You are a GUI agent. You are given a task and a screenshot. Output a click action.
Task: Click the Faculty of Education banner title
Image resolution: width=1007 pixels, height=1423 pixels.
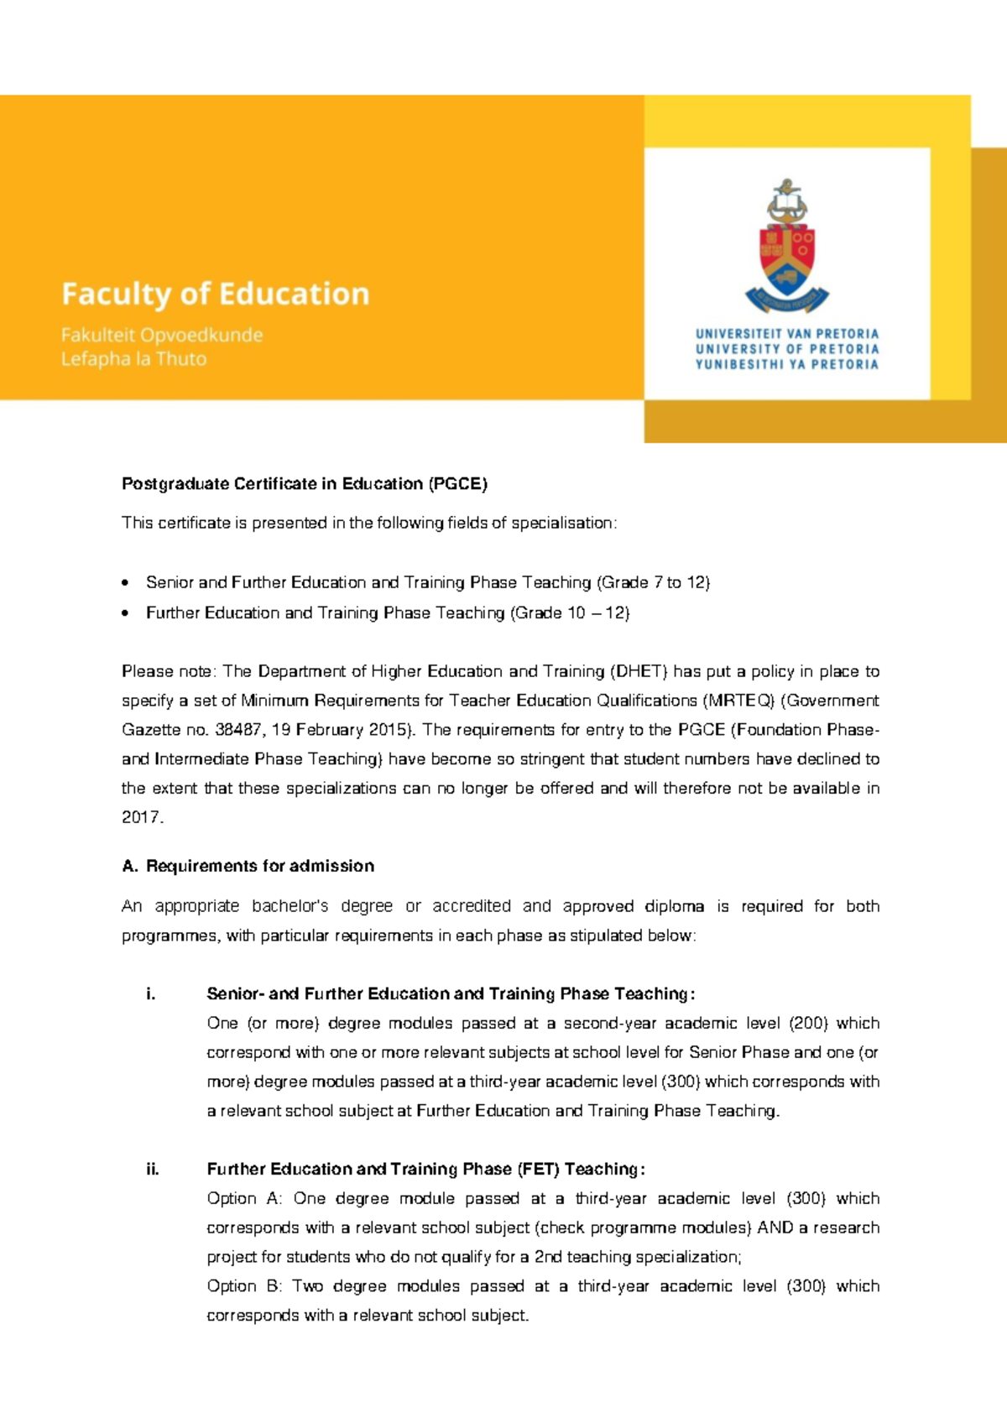pos(215,294)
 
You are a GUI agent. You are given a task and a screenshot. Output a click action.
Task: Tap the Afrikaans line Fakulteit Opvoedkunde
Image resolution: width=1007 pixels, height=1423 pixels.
pos(161,336)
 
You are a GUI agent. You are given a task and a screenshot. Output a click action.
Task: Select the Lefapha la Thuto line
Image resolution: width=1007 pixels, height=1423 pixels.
pos(133,359)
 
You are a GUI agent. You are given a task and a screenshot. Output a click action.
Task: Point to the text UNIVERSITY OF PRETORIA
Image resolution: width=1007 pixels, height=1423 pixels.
pos(786,349)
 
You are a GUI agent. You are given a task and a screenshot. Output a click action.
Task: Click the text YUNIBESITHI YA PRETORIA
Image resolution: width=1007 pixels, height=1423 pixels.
pos(786,364)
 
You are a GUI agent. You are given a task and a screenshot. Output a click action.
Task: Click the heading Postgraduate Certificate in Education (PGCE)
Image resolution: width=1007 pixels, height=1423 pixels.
pos(304,484)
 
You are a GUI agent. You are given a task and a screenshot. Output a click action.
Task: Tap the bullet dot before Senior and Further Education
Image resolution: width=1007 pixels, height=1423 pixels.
pos(126,582)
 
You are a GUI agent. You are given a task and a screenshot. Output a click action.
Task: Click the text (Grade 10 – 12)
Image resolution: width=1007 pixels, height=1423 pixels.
pos(570,613)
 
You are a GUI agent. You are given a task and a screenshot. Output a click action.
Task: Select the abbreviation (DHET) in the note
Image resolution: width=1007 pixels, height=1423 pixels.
pos(639,671)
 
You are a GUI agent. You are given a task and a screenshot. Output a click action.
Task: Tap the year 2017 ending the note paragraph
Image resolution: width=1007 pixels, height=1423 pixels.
pos(141,817)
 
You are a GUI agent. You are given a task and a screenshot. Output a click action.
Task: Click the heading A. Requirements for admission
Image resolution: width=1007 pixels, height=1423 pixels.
pos(248,866)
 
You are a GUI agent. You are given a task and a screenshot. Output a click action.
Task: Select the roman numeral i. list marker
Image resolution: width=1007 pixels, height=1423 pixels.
pos(150,994)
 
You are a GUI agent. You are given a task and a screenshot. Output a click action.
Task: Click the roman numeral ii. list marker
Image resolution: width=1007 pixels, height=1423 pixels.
pos(152,1170)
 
